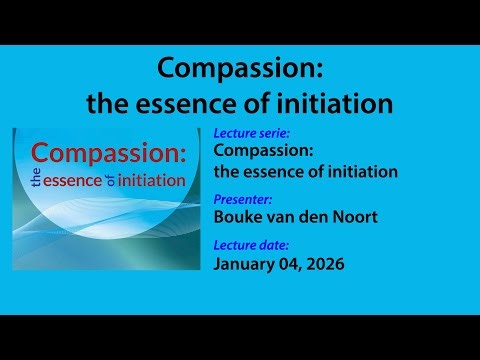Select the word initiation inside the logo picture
(x=152, y=181)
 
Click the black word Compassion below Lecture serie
(x=264, y=152)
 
